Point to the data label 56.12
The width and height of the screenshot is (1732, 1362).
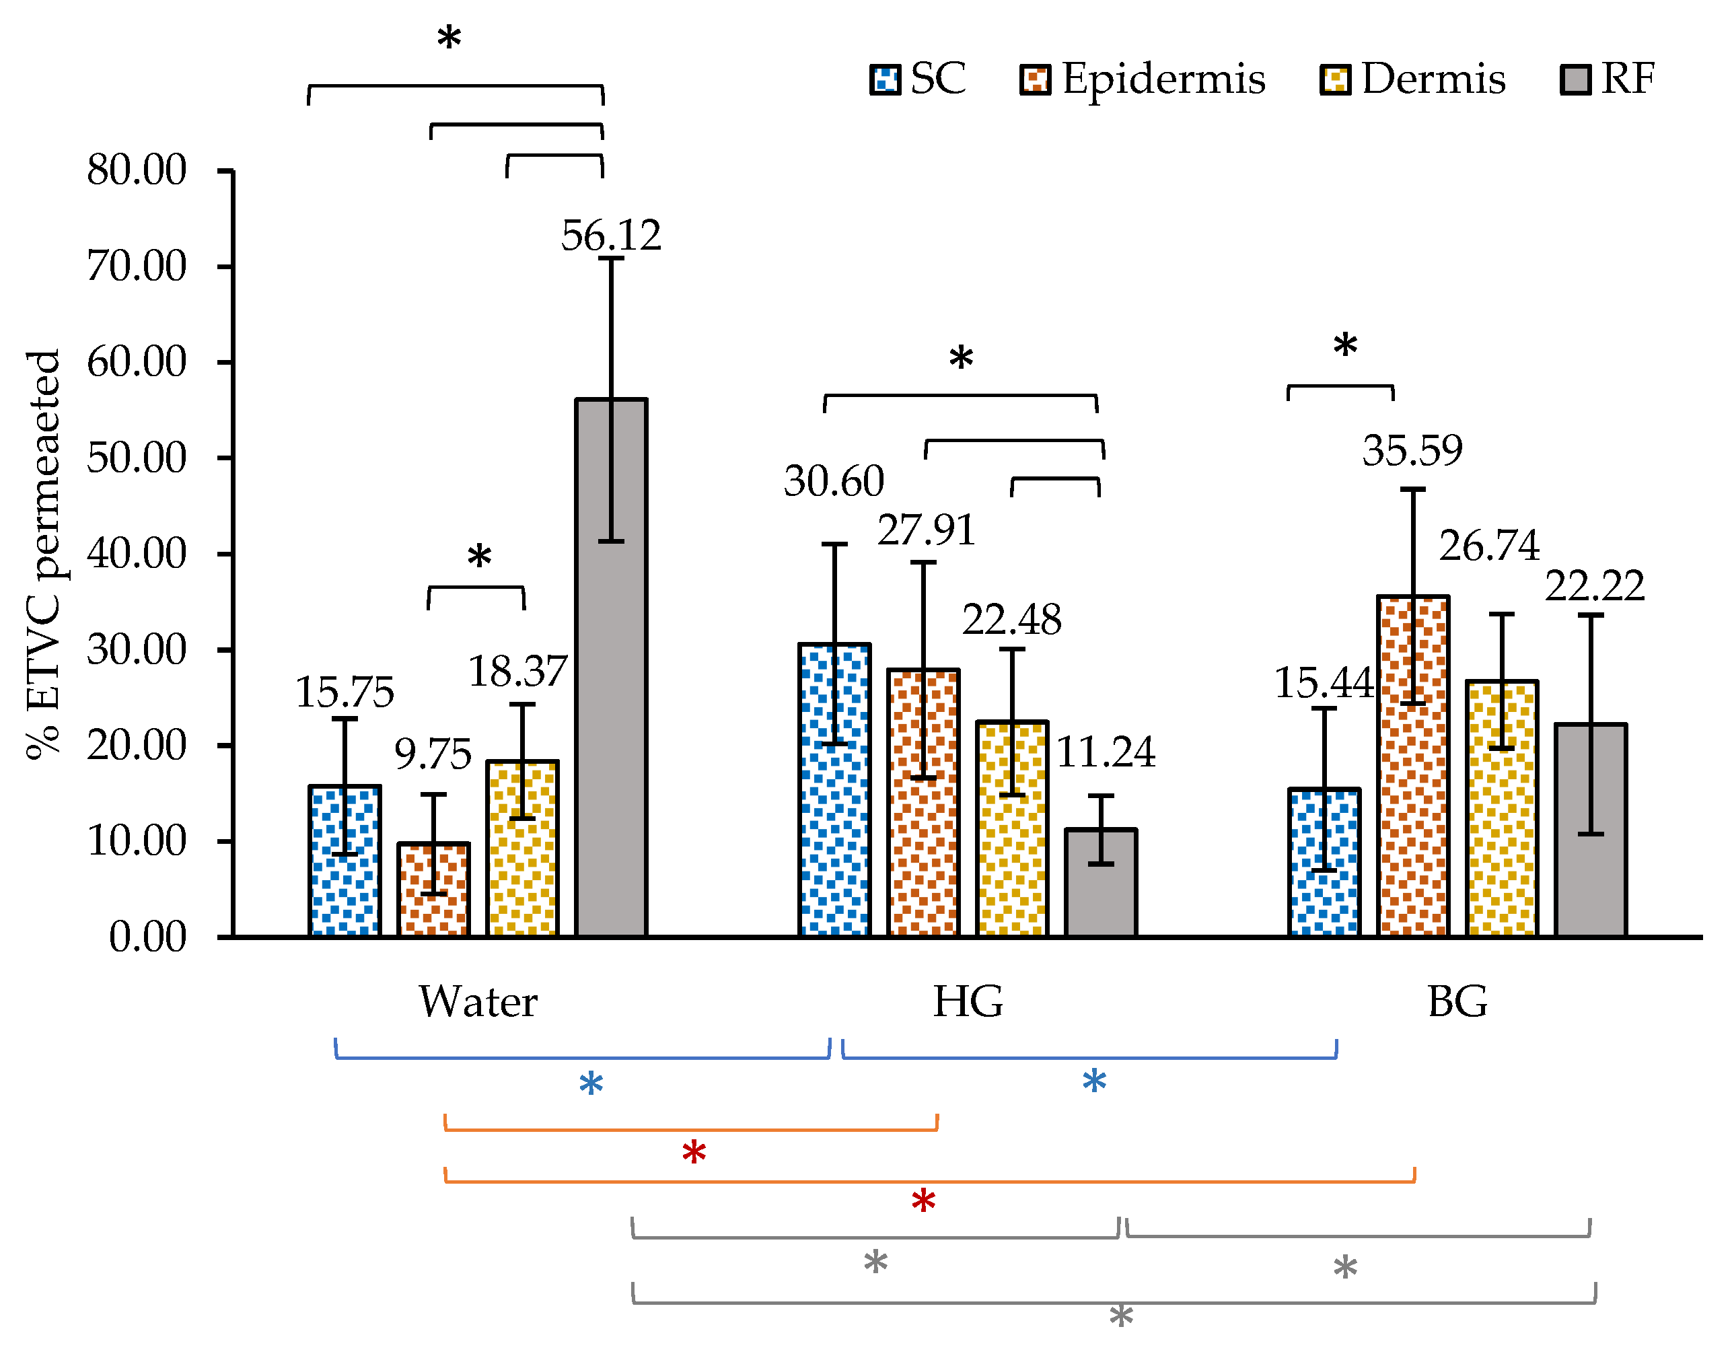(611, 236)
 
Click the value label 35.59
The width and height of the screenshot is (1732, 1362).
(1412, 451)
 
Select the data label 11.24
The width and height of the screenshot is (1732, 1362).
(1106, 752)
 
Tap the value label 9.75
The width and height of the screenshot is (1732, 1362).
(433, 754)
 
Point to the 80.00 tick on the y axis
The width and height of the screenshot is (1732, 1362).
(137, 170)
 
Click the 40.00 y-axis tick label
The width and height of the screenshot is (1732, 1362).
(137, 553)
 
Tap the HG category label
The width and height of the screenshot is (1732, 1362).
(968, 1001)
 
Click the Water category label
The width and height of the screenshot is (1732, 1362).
(478, 1001)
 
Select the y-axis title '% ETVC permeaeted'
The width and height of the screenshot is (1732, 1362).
(44, 554)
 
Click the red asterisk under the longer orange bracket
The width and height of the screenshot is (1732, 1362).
(923, 1202)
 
